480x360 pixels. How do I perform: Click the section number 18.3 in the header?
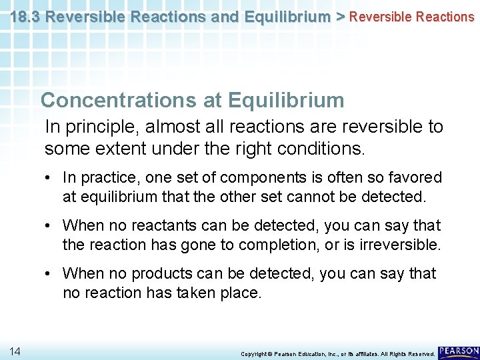point(27,16)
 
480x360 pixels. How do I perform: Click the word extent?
point(122,148)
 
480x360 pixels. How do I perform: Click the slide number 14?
point(15,351)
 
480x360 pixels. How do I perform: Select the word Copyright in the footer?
point(253,353)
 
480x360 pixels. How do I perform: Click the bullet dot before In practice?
point(51,178)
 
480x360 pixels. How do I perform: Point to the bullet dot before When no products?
point(51,274)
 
